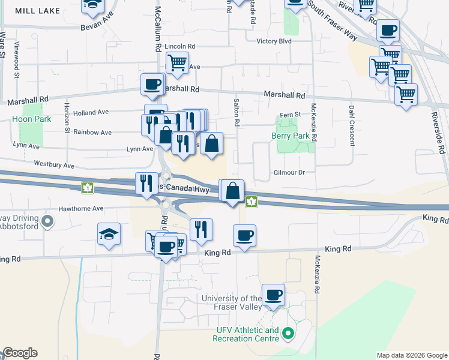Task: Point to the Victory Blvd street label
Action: [273, 41]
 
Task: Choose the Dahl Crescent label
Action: [352, 126]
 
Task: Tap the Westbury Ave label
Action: [54, 164]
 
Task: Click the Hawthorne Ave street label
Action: [81, 209]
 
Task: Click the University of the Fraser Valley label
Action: [232, 303]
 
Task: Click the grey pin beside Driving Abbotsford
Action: [49, 222]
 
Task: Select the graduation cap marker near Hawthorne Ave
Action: [109, 235]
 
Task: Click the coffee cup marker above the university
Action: [273, 295]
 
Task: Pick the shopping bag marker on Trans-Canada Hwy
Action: [233, 191]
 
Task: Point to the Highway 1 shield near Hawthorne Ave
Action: [88, 188]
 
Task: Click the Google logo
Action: [20, 353]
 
